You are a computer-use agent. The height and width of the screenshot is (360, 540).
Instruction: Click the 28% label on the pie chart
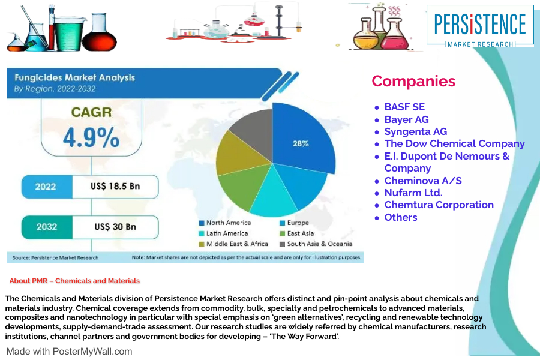click(x=301, y=144)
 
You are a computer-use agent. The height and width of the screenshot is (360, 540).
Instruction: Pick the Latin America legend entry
click(x=226, y=233)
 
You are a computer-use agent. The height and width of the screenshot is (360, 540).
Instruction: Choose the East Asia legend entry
click(x=298, y=233)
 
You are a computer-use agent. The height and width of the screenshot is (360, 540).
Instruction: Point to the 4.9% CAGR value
click(x=91, y=137)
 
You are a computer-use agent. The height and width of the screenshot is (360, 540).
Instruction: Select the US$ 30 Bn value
click(x=115, y=227)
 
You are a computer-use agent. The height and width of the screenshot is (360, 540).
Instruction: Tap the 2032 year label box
click(x=47, y=227)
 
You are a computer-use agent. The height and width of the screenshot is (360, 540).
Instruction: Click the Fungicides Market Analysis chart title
click(x=74, y=78)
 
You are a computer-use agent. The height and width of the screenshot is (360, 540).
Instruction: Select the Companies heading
click(x=413, y=82)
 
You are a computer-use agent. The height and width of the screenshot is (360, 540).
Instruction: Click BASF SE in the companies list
click(x=404, y=107)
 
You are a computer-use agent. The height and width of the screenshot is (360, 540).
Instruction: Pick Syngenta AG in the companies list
click(x=415, y=131)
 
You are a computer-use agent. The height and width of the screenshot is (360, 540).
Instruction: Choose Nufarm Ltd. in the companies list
click(x=413, y=193)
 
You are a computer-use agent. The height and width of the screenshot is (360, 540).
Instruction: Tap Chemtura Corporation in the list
click(x=439, y=205)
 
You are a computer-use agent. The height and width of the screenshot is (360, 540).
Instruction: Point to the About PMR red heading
click(x=74, y=281)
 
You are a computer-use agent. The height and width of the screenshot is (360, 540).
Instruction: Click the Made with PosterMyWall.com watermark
click(x=69, y=352)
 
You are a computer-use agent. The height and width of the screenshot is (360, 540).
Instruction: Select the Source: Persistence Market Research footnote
click(x=56, y=258)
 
